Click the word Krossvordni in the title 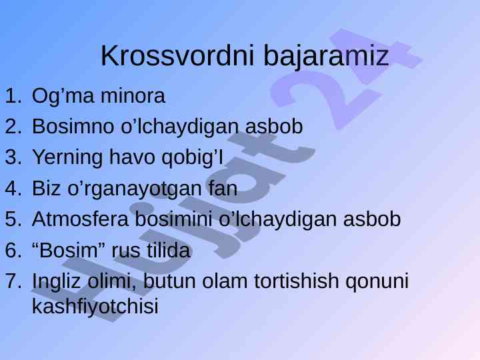(177, 55)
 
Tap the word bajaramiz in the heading (326, 57)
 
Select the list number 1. (13, 96)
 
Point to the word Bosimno (73, 126)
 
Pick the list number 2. (13, 126)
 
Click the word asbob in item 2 (274, 126)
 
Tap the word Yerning (67, 158)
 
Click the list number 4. (13, 188)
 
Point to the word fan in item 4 (223, 188)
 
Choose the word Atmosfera (80, 219)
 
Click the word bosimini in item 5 (173, 219)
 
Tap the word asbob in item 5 (371, 219)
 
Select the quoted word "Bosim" (69, 250)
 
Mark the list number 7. (13, 281)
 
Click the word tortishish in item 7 (296, 281)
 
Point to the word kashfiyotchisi (95, 306)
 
